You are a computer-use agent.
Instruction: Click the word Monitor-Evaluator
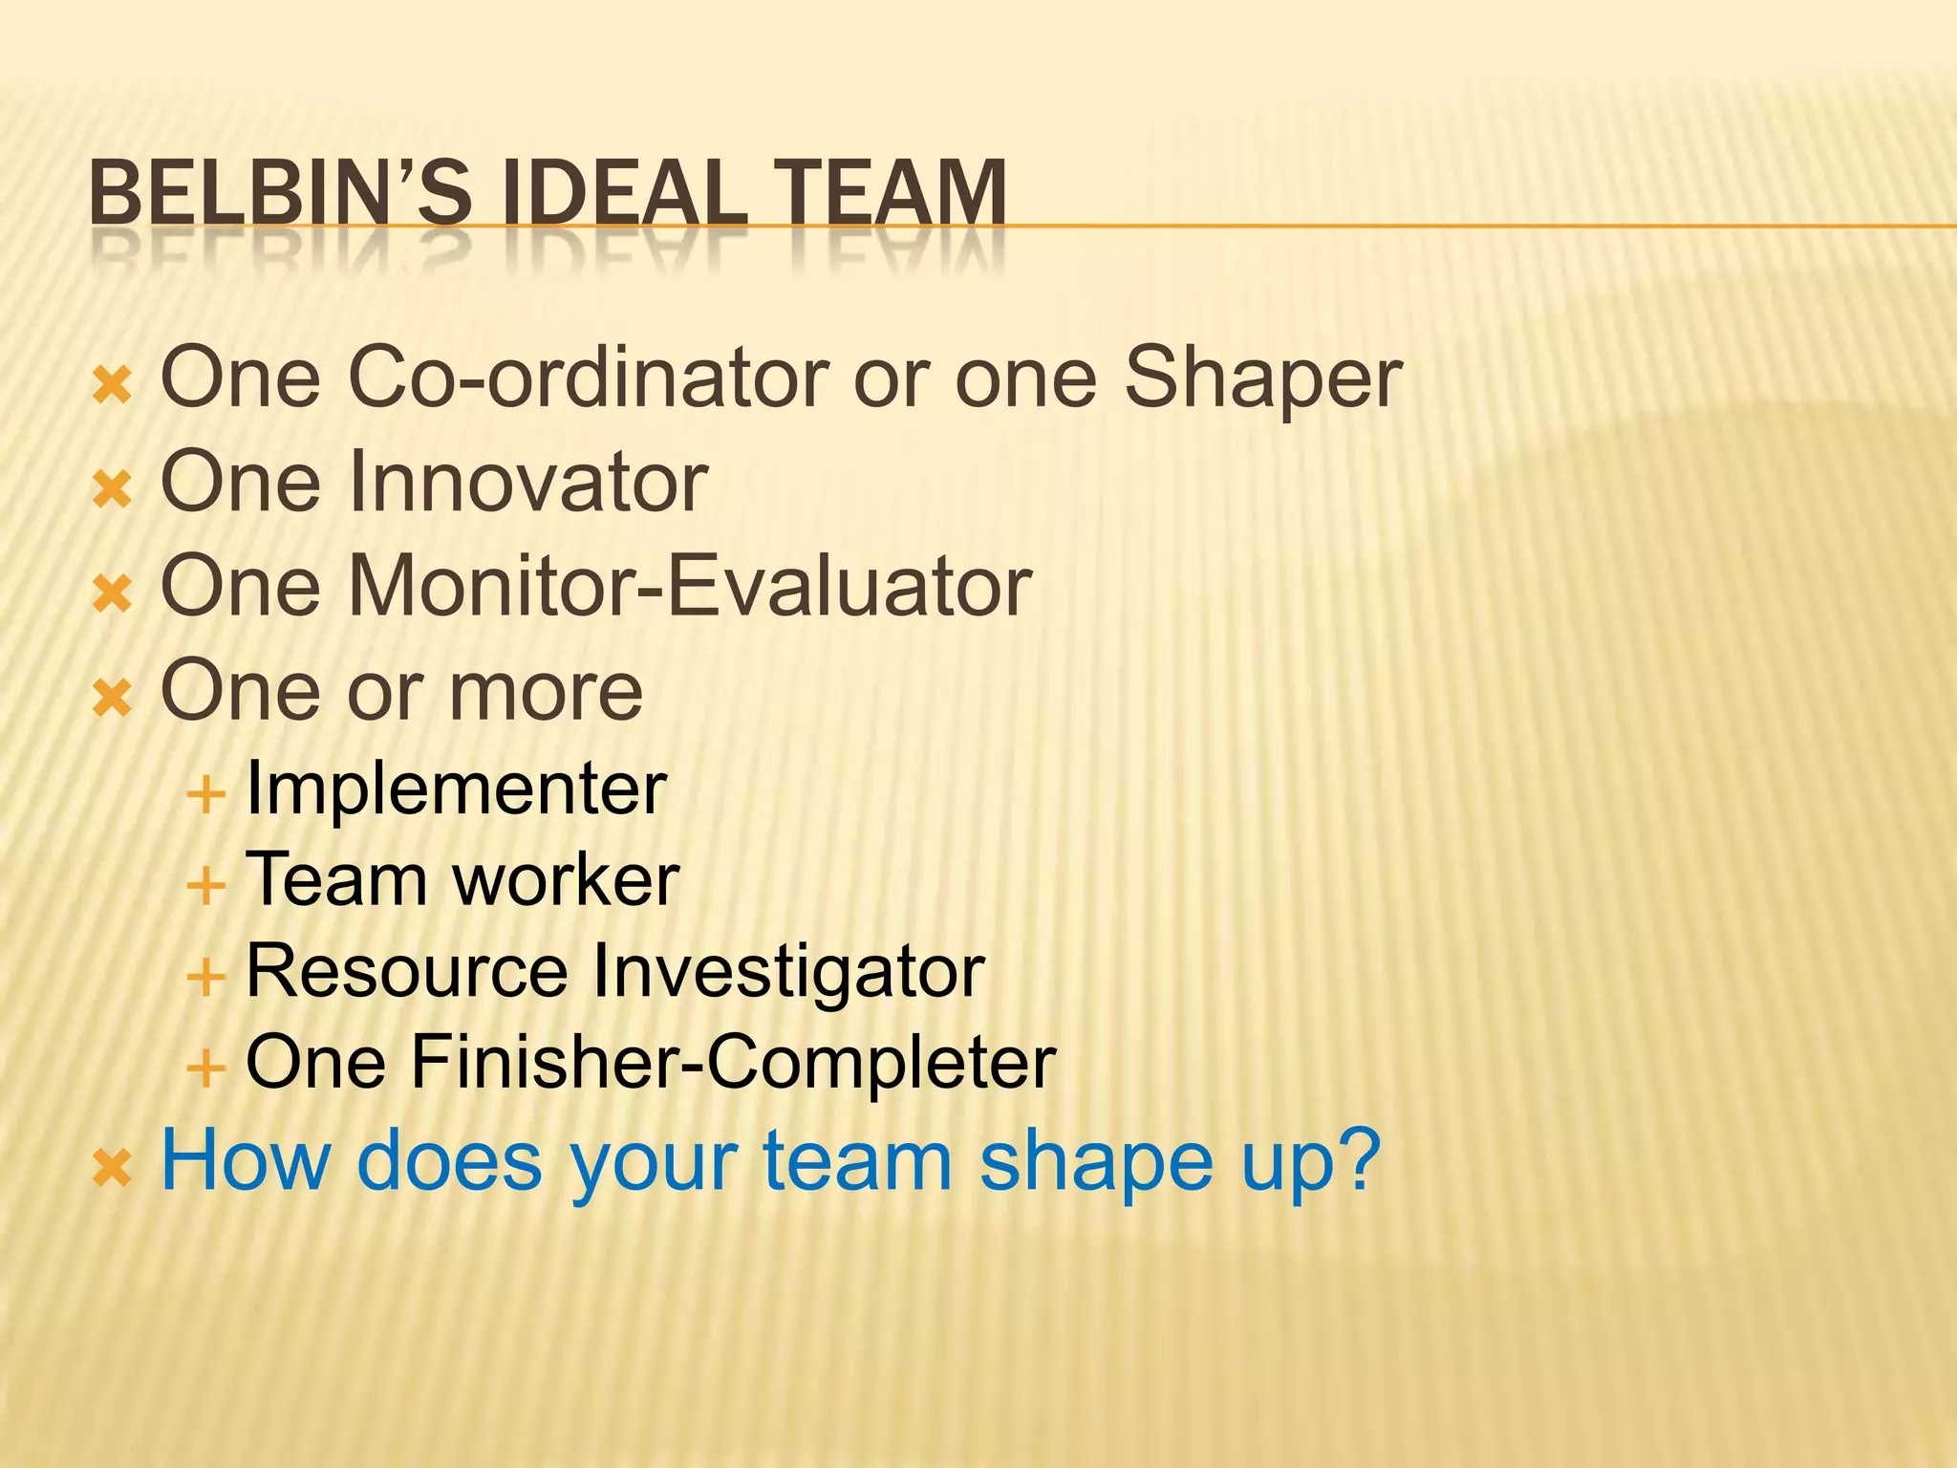click(690, 586)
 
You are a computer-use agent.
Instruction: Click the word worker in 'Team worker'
click(566, 880)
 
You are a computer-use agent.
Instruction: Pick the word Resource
click(407, 972)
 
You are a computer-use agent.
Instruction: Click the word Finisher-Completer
click(733, 1063)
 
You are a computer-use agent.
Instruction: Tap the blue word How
click(245, 1160)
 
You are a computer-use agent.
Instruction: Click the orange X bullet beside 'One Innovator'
click(112, 490)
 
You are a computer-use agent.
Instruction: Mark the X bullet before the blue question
click(112, 1169)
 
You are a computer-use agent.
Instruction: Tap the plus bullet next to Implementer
click(205, 794)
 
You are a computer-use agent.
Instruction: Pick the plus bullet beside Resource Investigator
click(205, 977)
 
